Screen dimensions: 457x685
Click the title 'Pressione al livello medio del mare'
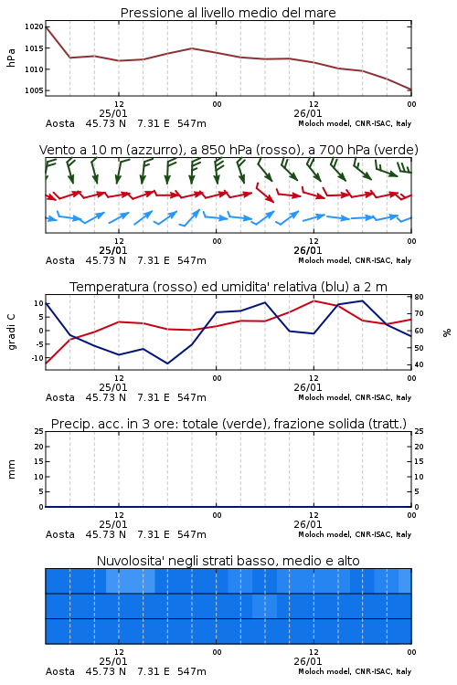tap(228, 13)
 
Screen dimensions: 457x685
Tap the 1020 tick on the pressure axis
tap(34, 27)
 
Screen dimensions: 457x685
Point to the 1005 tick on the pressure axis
tap(34, 90)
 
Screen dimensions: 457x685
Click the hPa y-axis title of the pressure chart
tap(11, 58)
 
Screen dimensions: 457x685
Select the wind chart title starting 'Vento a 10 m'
tap(228, 150)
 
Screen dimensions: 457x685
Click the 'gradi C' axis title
tap(11, 332)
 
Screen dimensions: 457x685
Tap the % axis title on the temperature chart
tap(447, 332)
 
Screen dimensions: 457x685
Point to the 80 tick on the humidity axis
tap(419, 297)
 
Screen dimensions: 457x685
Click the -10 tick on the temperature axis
tap(37, 358)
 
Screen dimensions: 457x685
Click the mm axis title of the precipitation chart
tap(11, 469)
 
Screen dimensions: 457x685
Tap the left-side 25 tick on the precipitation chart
tap(39, 431)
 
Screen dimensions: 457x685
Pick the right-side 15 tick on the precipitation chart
tap(419, 461)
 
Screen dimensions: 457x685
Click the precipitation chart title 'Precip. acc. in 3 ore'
tap(228, 424)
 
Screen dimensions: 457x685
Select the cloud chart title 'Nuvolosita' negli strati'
tap(228, 561)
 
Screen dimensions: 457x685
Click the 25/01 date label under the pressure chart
tap(113, 113)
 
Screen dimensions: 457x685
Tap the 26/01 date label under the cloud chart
tap(308, 661)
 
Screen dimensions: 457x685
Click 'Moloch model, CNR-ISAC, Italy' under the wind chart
tap(355, 260)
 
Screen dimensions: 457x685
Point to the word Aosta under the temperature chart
tap(60, 397)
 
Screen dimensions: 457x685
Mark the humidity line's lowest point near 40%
tap(167, 364)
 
